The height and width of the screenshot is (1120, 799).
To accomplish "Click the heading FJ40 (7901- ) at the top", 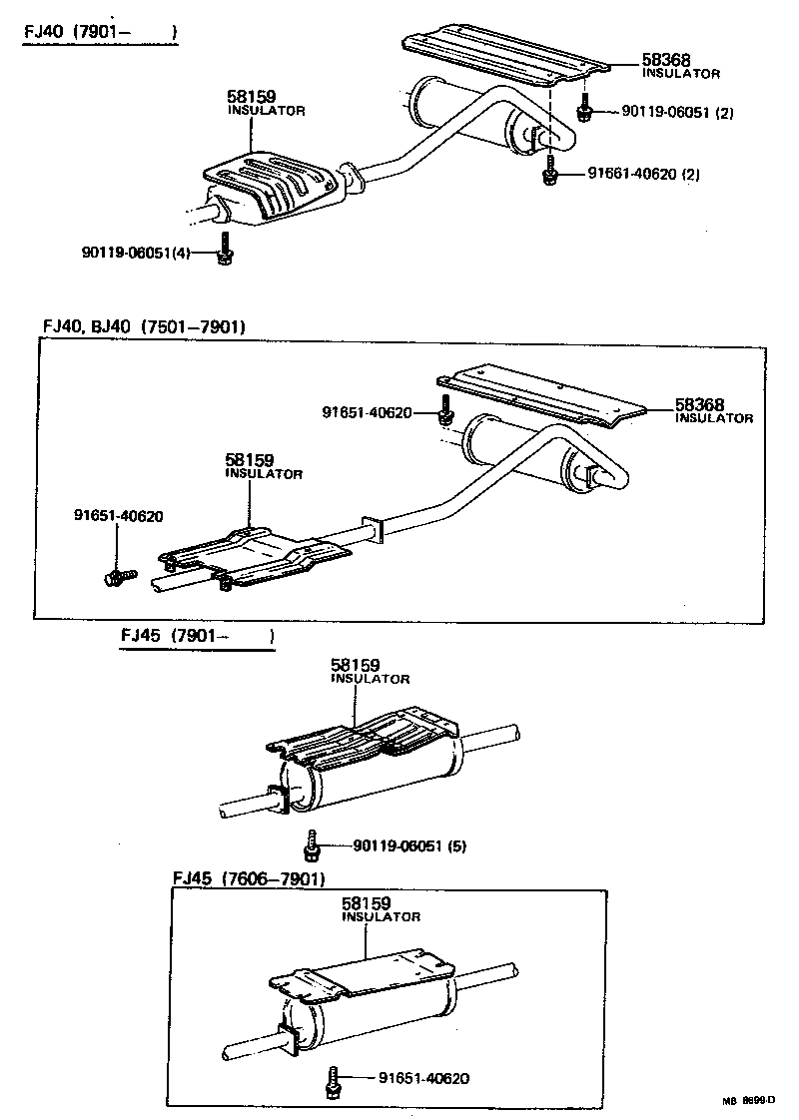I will (x=100, y=33).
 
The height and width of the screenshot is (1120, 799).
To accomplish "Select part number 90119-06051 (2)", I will (x=677, y=113).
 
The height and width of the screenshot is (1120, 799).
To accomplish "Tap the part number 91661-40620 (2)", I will (x=643, y=174).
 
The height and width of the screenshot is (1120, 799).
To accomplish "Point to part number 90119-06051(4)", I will (x=136, y=253).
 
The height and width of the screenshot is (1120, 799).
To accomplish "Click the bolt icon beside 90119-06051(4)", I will (x=225, y=250).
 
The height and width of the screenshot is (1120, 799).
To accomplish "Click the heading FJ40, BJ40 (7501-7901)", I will (x=144, y=326).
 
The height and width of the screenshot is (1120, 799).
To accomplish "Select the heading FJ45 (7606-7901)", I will (x=249, y=878).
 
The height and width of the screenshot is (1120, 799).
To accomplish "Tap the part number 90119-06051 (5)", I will (x=409, y=846).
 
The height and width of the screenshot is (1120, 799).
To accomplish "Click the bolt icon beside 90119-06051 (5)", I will (x=312, y=845).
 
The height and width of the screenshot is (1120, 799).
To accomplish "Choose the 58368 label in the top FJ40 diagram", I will (x=667, y=61).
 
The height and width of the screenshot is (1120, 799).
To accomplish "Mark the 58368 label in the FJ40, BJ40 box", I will (x=699, y=405).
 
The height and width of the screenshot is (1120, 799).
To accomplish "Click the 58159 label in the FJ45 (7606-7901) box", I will (x=367, y=903).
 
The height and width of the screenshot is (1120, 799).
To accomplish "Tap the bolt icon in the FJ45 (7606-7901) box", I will (x=333, y=1082).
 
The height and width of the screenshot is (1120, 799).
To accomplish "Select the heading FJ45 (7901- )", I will (x=197, y=636).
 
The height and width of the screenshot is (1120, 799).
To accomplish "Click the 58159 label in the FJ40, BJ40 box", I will (x=250, y=461).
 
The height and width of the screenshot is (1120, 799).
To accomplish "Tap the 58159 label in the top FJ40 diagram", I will (x=252, y=98).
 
